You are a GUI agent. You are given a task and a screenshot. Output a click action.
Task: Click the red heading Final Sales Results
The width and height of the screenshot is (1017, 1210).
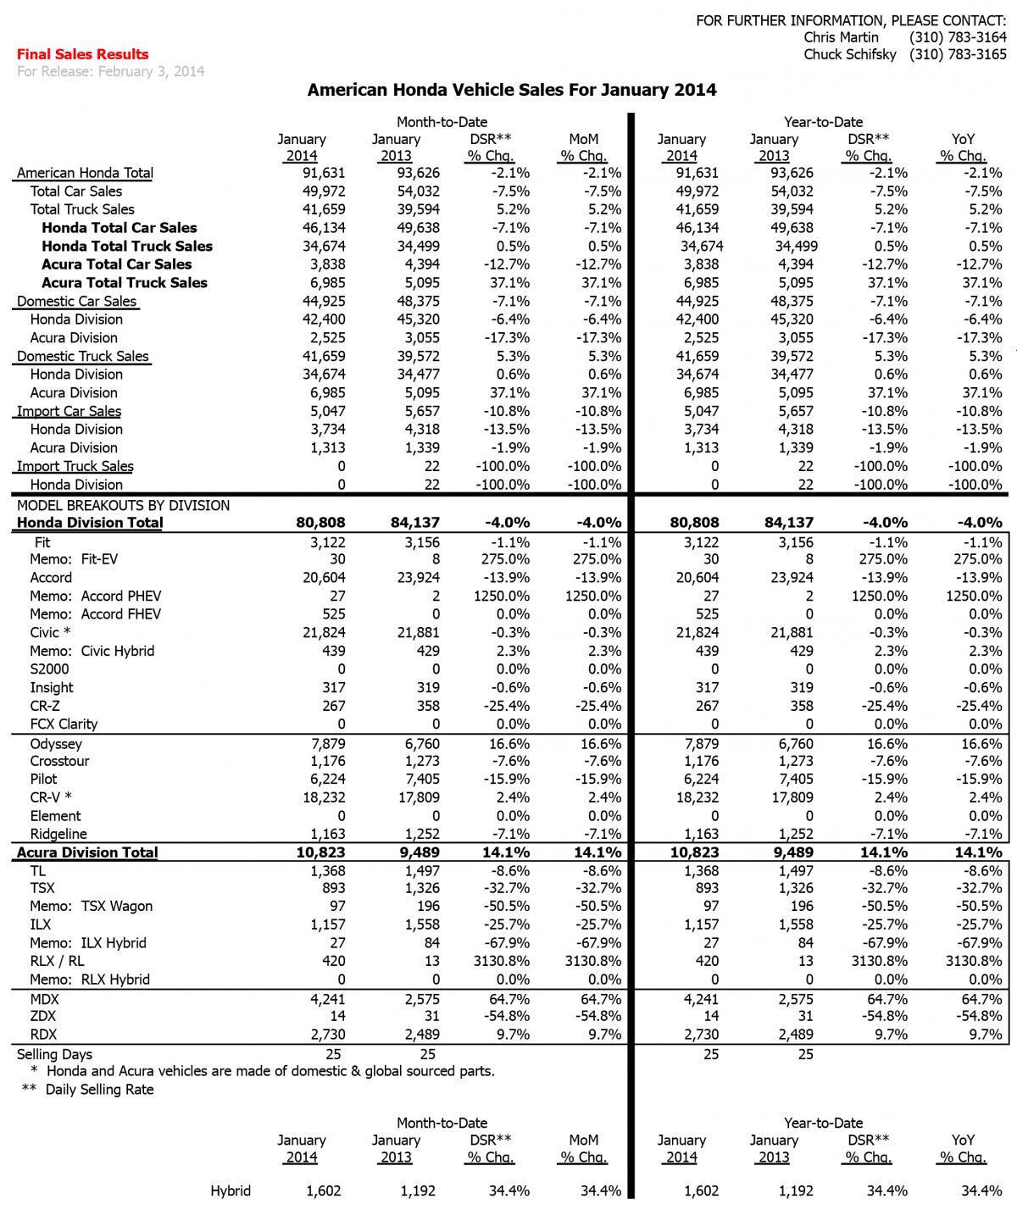point(82,54)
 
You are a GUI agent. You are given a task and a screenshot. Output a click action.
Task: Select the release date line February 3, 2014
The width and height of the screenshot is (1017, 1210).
point(110,72)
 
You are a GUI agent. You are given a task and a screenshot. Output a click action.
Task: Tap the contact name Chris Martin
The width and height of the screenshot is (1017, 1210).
point(841,37)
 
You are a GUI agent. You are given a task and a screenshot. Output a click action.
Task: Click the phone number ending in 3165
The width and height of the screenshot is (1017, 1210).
point(958,55)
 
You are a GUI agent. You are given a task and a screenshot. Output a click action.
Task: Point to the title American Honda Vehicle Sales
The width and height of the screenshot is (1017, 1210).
point(511,90)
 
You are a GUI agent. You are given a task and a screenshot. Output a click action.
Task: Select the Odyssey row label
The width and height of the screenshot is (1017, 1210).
point(56,744)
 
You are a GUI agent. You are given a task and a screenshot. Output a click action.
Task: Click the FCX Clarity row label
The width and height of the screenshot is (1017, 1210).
point(64,724)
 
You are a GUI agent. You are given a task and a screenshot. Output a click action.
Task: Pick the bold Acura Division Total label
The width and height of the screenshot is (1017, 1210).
point(87,852)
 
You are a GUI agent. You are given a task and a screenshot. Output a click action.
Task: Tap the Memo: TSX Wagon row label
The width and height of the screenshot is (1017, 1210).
point(92,907)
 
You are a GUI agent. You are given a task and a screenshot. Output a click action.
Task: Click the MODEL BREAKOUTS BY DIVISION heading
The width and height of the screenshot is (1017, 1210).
point(123,506)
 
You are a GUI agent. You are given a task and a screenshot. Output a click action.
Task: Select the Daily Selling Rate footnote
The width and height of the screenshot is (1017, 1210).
point(99,1090)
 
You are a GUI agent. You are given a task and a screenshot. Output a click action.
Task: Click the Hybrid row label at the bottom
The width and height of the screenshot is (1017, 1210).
point(231,1191)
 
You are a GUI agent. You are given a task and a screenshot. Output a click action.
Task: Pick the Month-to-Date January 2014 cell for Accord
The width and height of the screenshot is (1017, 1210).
point(322,578)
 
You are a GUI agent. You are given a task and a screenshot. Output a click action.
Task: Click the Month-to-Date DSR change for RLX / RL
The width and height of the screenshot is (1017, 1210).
point(503,962)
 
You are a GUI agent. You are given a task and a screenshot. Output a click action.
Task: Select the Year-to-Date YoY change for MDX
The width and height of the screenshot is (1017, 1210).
point(980,998)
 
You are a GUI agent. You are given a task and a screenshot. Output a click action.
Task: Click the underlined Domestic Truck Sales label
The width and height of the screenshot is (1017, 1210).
point(82,357)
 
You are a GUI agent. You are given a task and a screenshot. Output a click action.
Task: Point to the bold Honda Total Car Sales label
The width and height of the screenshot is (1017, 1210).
point(119,228)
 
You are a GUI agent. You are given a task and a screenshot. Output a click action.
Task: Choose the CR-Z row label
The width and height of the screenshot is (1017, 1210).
point(45,706)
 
